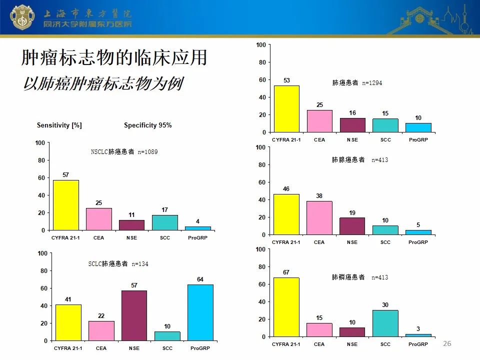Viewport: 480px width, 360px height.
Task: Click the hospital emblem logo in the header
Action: coord(21,17)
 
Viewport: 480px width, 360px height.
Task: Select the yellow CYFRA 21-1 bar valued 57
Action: coord(66,205)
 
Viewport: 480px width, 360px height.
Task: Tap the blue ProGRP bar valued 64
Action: coord(200,312)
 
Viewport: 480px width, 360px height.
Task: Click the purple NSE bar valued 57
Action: coord(134,315)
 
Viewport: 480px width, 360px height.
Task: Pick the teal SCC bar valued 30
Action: coord(385,323)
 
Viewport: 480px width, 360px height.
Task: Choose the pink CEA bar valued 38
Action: coord(319,218)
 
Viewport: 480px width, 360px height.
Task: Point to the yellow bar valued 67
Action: coord(286,307)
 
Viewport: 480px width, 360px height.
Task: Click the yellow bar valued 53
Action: coord(286,109)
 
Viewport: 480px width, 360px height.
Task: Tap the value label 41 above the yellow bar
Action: coord(68,299)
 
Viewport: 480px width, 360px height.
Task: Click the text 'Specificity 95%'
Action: coord(148,125)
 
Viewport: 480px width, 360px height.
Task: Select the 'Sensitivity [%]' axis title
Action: coord(59,125)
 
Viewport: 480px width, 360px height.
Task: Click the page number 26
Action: coord(447,343)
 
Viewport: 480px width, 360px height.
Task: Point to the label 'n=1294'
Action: coord(372,83)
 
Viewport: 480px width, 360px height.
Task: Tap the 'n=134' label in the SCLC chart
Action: coord(139,264)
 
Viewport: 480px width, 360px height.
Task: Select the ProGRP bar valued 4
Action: coord(198,228)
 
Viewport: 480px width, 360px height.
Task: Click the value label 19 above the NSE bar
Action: coord(352,213)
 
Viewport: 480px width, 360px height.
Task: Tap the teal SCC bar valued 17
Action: coord(165,222)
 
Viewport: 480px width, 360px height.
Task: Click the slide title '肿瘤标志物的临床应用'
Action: coord(114,57)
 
